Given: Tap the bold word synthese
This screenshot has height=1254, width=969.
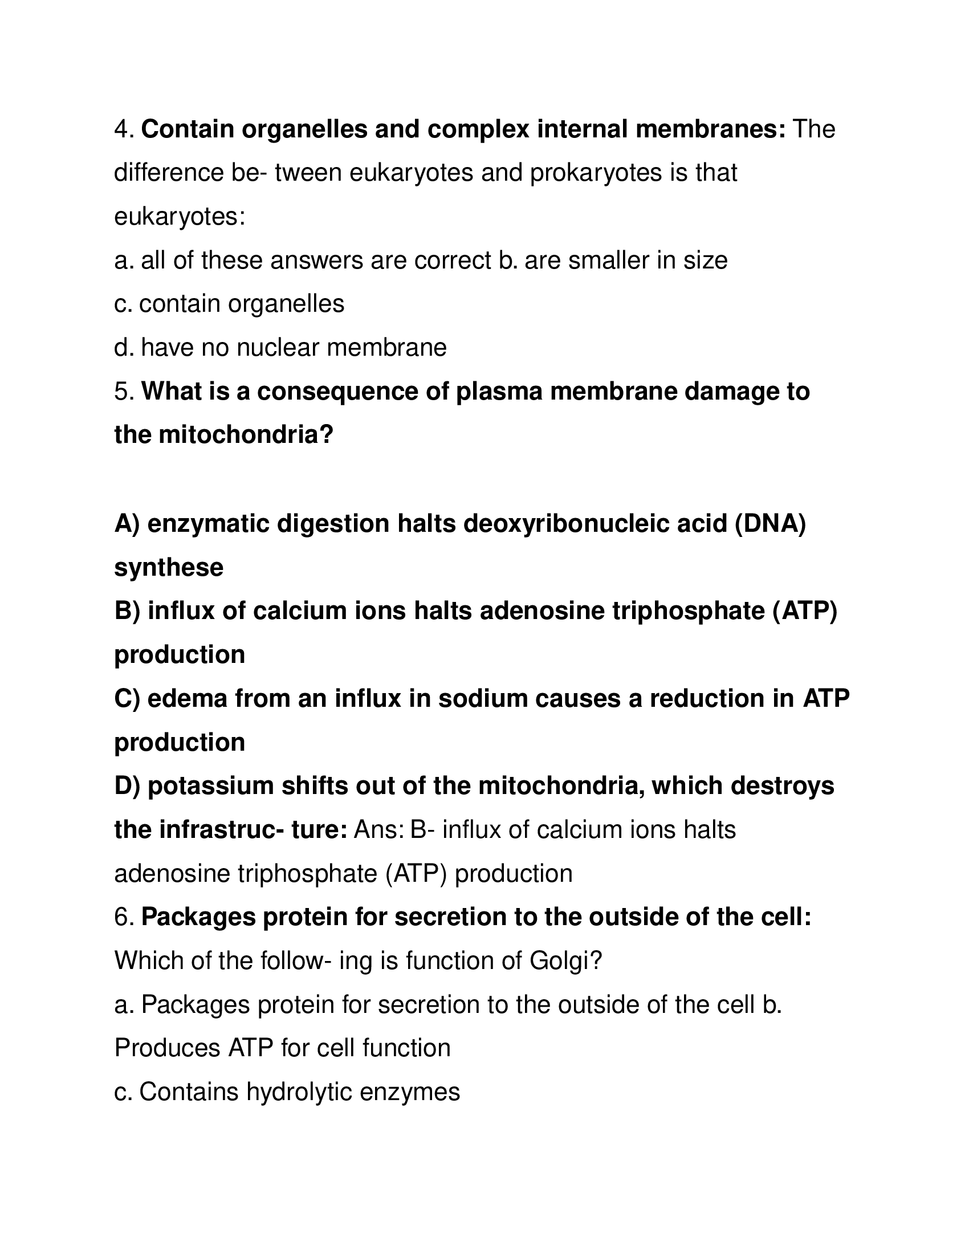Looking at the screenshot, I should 169,567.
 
